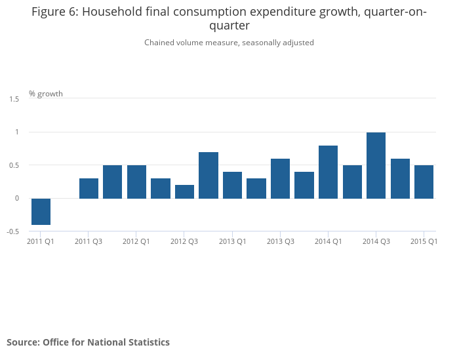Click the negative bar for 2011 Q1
pyautogui.click(x=41, y=211)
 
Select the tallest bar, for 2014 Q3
pyautogui.click(x=376, y=165)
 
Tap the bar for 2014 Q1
pyautogui.click(x=328, y=172)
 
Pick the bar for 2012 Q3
pyautogui.click(x=184, y=191)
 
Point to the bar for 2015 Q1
pyautogui.click(x=424, y=182)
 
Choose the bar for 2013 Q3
pyautogui.click(x=280, y=178)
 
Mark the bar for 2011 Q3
pyautogui.click(x=89, y=188)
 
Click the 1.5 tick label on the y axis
pyautogui.click(x=14, y=99)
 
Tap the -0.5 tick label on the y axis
pyautogui.click(x=13, y=231)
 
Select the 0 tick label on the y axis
pyautogui.click(x=17, y=198)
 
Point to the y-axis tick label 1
pyautogui.click(x=17, y=132)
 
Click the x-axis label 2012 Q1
pyautogui.click(x=136, y=241)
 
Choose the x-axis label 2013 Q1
pyautogui.click(x=232, y=241)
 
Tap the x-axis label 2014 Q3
pyautogui.click(x=376, y=241)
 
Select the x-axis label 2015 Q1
pyautogui.click(x=424, y=241)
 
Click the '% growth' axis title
pyautogui.click(x=46, y=94)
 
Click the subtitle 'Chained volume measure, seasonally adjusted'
pyautogui.click(x=229, y=43)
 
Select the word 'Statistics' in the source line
pyautogui.click(x=148, y=342)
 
